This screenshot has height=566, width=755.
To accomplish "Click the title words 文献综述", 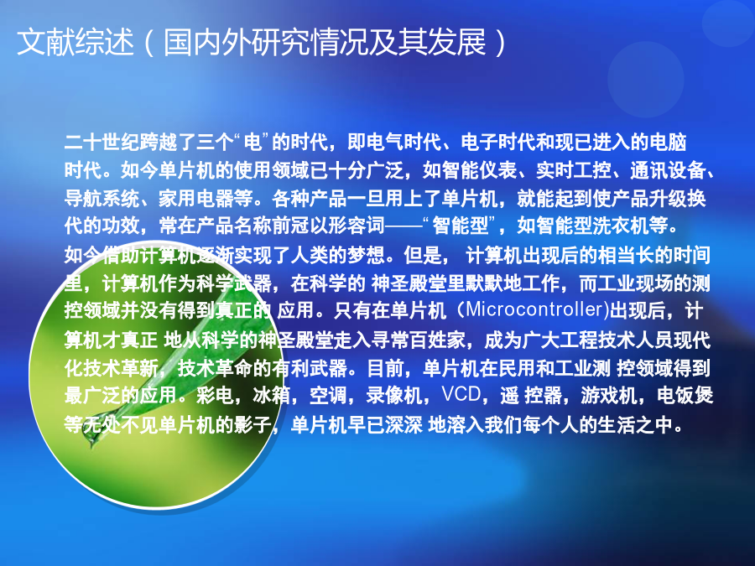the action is pyautogui.click(x=75, y=43).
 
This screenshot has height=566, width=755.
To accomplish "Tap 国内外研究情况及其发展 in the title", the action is pyautogui.click(x=325, y=43).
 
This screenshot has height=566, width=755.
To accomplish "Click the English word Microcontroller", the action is pyautogui.click(x=534, y=309).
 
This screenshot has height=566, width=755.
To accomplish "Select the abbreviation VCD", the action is pyautogui.click(x=461, y=395).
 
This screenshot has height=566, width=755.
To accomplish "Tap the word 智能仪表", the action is pyautogui.click(x=479, y=170).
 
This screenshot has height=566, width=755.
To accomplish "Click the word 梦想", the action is pyautogui.click(x=366, y=255).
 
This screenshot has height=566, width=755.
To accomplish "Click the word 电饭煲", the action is pyautogui.click(x=685, y=395).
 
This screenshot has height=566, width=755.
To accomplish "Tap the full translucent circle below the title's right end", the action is pyautogui.click(x=646, y=80).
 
